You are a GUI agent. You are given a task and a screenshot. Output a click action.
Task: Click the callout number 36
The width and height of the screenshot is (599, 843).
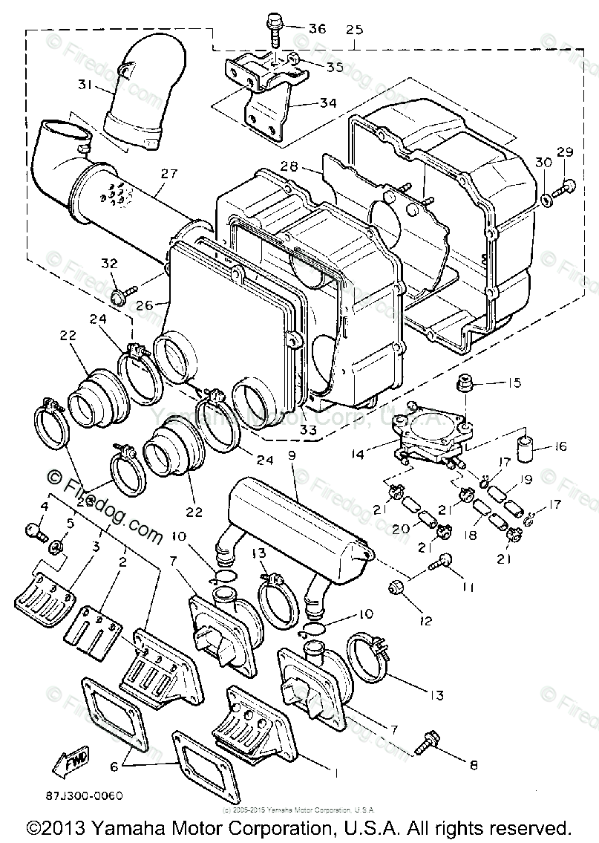tap(317, 29)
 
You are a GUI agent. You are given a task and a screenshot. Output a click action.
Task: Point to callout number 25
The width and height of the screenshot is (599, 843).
tap(354, 30)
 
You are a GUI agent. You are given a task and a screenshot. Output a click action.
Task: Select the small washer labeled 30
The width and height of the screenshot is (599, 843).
tap(546, 198)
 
